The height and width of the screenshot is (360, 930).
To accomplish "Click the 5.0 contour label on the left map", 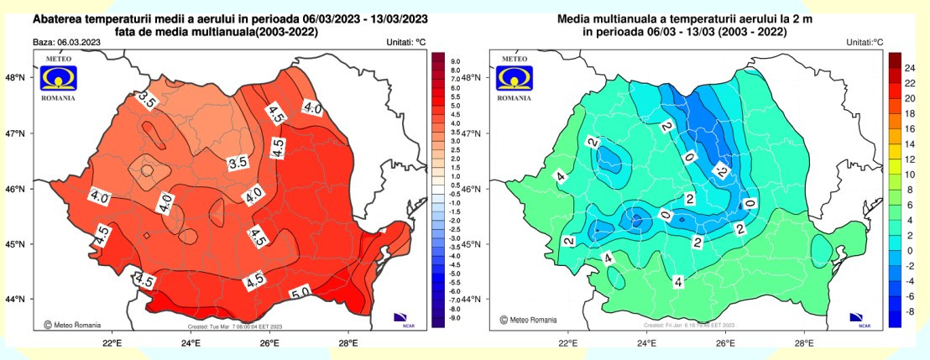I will (300, 294).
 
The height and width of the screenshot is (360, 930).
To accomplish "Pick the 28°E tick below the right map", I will (804, 342).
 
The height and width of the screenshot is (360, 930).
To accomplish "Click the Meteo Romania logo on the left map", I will (58, 78).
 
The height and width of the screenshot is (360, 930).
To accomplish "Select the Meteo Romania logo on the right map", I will (515, 78).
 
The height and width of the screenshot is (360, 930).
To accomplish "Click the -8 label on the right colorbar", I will (908, 311).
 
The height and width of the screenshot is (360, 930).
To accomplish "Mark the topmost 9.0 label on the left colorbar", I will (456, 62).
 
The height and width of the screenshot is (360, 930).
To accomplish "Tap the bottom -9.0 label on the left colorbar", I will (456, 318).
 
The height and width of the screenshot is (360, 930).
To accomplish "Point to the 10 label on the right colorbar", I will (908, 174).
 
